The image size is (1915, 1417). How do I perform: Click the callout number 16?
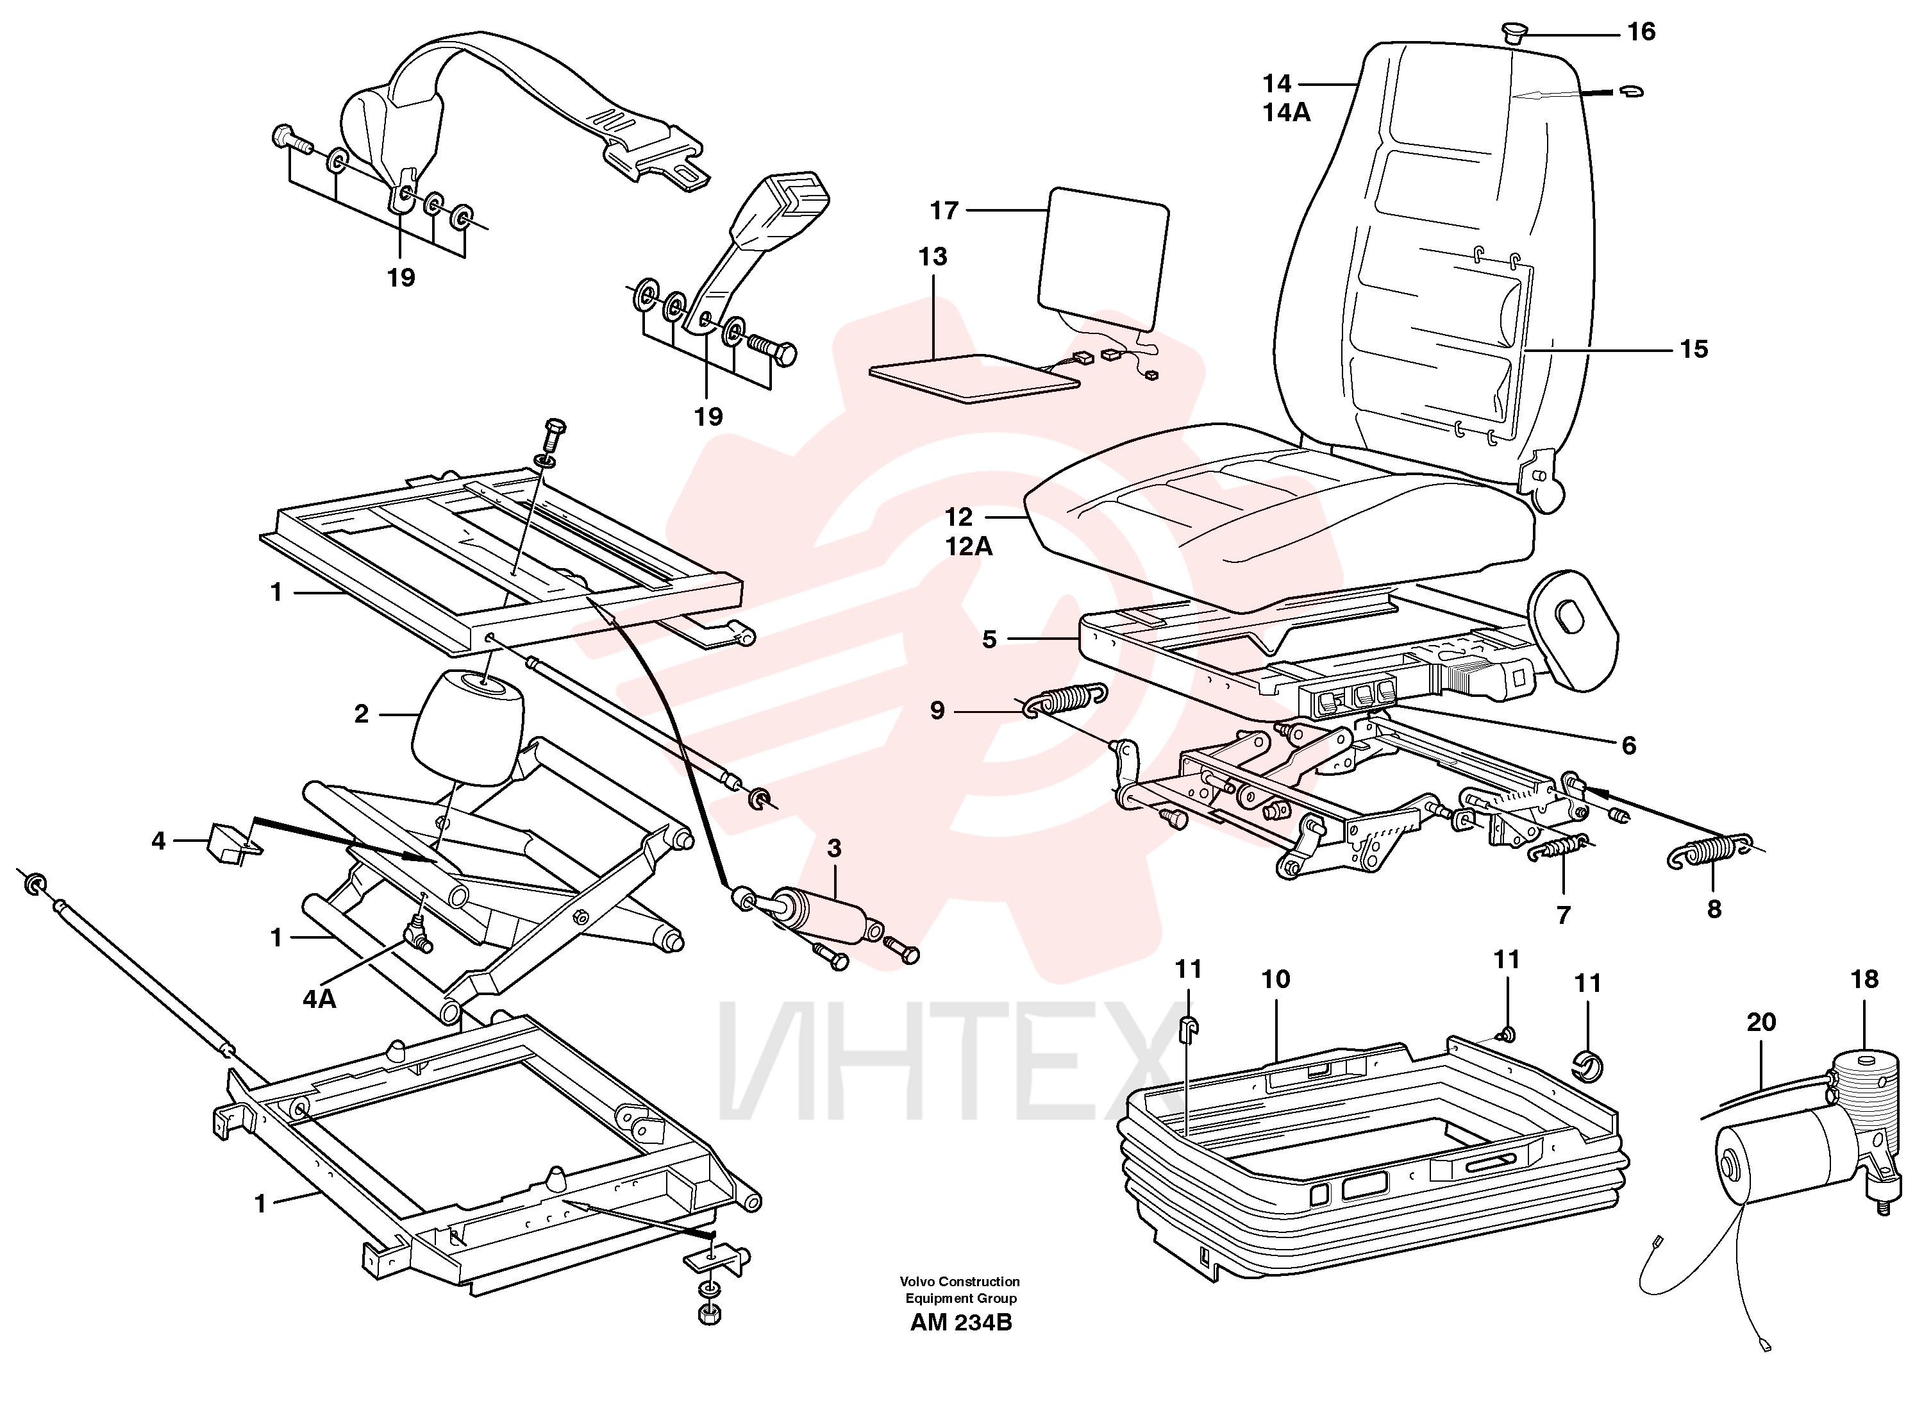click(x=1641, y=31)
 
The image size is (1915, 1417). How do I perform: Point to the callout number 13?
click(x=932, y=256)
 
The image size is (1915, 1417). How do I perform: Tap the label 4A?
click(x=319, y=998)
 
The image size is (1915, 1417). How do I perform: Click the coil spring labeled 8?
click(x=1710, y=851)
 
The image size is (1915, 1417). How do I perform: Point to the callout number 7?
click(x=1564, y=915)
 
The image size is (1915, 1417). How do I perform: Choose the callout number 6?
click(x=1628, y=746)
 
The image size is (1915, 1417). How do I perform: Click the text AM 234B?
click(x=960, y=1323)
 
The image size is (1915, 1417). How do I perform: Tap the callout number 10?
click(x=1275, y=978)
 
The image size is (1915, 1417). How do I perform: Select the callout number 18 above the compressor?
click(x=1864, y=978)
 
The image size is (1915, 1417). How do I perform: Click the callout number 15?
click(x=1694, y=349)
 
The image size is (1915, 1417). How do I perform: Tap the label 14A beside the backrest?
click(x=1285, y=112)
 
